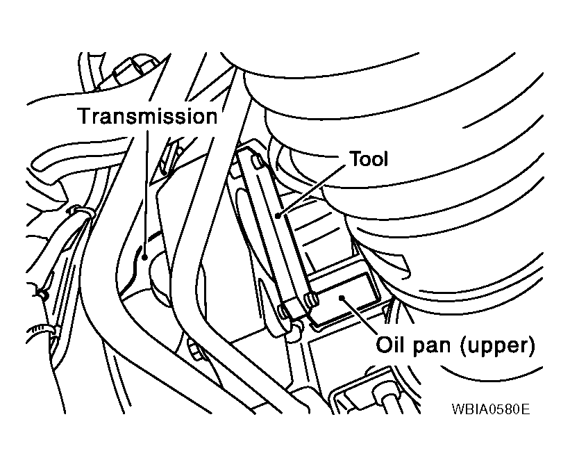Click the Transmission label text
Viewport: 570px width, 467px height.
tap(148, 116)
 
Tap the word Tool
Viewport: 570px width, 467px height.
tap(369, 159)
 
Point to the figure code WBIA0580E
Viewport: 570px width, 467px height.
tap(491, 409)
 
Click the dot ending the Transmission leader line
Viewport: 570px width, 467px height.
tap(144, 257)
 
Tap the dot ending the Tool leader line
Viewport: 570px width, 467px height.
tap(278, 216)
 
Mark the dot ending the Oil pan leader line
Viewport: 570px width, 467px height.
tap(341, 298)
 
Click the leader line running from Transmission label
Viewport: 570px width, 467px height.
tap(146, 193)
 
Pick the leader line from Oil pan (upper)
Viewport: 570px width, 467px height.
tap(359, 316)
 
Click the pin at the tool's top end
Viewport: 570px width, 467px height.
tap(258, 163)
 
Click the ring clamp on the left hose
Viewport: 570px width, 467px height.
tap(81, 211)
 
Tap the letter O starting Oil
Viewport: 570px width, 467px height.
tap(383, 345)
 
